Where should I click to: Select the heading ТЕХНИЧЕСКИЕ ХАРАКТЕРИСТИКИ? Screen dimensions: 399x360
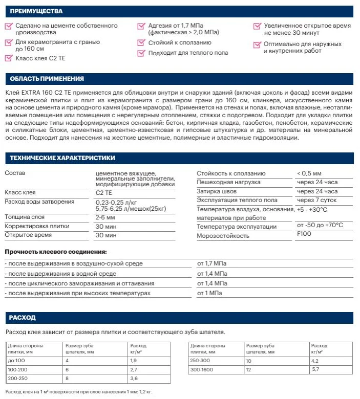pyautogui.click(x=62, y=158)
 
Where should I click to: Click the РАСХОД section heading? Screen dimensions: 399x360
pyautogui.click(x=23, y=318)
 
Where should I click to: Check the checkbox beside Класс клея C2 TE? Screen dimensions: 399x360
pyautogui.click(x=8, y=58)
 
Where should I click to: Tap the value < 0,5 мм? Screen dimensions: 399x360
pyautogui.click(x=309, y=173)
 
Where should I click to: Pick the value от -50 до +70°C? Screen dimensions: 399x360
pyautogui.click(x=320, y=226)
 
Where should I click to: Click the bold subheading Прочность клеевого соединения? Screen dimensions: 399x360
pyautogui.click(x=56, y=252)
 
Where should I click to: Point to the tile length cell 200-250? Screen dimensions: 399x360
pyautogui.click(x=17, y=378)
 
